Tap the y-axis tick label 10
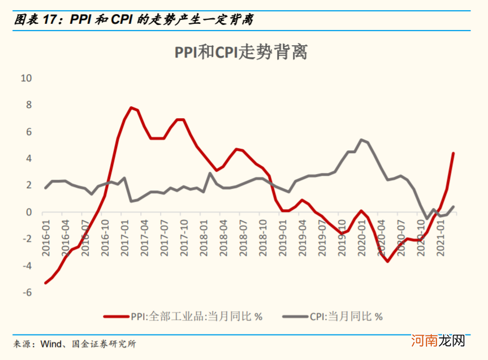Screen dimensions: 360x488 tap(25, 78)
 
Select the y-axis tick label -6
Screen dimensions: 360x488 tap(27, 293)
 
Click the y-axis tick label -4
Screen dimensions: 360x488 tap(27, 266)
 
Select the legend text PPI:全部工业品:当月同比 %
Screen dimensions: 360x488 tap(197, 316)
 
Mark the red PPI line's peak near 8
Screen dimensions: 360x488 tap(131, 107)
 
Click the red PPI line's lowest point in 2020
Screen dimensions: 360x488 tap(387, 261)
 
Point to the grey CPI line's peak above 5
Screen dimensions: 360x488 tap(361, 140)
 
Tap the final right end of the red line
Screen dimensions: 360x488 tap(453, 153)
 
